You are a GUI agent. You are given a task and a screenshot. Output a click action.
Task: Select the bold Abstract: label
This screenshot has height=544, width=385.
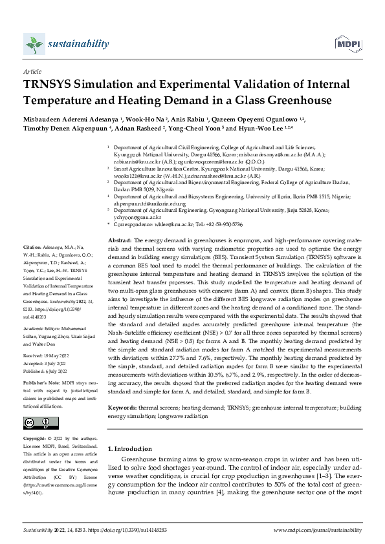(119, 221)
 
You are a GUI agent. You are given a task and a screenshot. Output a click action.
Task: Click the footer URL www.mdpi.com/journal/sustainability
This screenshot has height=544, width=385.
(318, 530)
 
